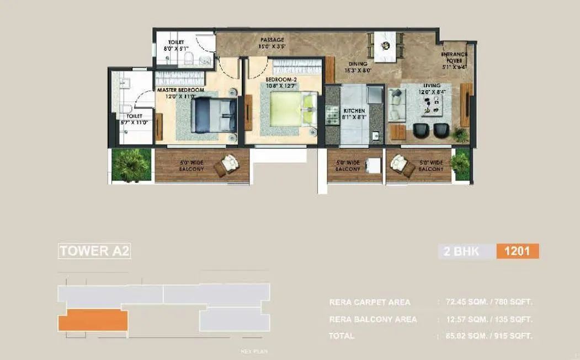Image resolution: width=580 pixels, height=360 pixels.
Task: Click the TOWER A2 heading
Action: coord(94,251)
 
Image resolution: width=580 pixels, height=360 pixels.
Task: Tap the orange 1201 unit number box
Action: coord(517,252)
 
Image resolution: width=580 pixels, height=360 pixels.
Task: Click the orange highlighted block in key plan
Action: coord(93,321)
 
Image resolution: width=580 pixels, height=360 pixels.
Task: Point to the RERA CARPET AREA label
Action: coord(370,303)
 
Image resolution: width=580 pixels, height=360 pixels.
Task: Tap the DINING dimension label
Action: coord(358,67)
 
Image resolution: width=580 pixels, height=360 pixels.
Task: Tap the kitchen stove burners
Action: coord(333,114)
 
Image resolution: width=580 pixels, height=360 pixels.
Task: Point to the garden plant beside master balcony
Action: coord(131,165)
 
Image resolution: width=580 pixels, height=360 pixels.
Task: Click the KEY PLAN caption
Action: coord(254,352)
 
